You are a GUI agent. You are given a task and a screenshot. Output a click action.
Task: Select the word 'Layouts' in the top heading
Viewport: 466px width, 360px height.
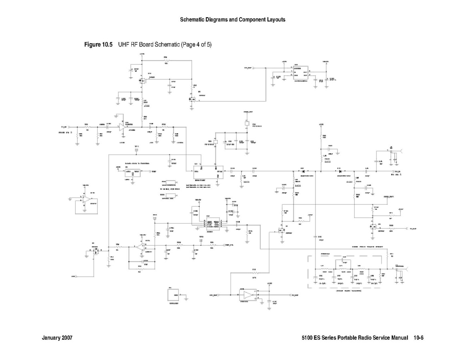click(276, 20)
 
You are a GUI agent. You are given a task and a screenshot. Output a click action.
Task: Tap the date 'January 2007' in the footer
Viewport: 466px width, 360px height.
click(57, 338)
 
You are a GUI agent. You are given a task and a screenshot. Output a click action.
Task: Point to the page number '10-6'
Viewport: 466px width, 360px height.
click(419, 338)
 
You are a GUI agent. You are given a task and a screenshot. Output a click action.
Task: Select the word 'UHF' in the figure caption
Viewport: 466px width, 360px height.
click(124, 44)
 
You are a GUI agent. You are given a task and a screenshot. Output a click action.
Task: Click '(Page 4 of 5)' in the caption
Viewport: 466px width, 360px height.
click(196, 44)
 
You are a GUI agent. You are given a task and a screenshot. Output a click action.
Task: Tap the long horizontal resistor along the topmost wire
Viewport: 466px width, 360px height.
click(166, 61)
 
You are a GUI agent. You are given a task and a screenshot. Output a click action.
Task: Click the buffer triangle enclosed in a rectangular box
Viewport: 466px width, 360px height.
click(249, 295)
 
